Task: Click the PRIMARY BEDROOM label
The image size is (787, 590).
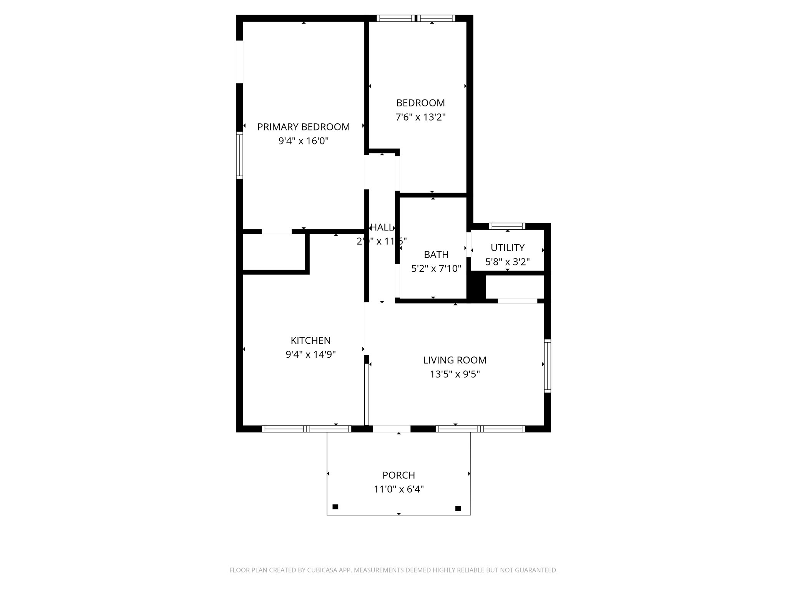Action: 303,127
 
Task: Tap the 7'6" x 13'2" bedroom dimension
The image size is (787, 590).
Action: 420,117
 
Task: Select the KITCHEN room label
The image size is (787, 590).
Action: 310,341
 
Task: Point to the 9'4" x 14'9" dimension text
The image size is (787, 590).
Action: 310,355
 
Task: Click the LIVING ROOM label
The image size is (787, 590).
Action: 455,360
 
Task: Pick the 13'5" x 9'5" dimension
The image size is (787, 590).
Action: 455,374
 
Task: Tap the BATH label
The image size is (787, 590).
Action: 436,255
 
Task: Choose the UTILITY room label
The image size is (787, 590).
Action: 507,248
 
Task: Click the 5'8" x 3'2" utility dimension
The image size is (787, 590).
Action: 507,262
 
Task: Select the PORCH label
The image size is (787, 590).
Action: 398,476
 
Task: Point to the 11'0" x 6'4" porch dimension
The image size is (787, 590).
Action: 398,489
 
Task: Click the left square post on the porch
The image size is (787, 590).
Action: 335,507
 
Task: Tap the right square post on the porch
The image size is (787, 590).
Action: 458,509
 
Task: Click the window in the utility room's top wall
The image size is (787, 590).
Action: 507,226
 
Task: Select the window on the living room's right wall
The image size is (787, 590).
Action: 548,366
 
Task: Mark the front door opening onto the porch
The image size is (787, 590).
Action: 392,429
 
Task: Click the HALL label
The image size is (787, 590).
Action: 382,227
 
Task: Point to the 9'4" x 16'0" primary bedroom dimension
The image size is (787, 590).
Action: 303,141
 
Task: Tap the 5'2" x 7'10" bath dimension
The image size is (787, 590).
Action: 436,268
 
